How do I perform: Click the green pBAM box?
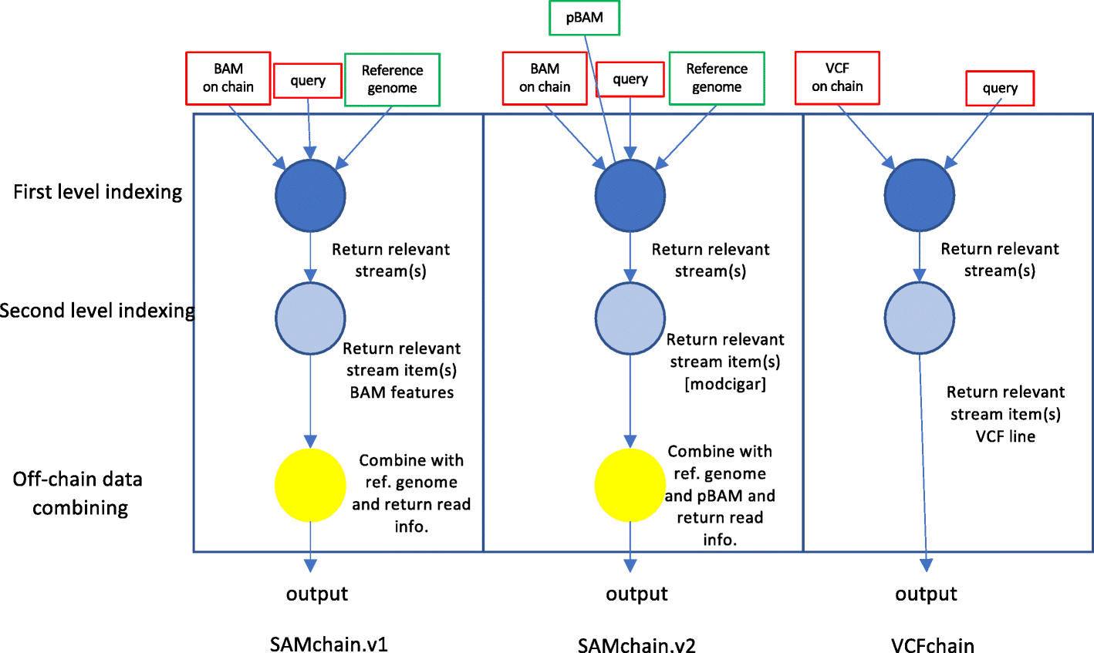tap(584, 18)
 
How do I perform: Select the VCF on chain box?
tap(837, 78)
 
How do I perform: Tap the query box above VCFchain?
tap(1000, 89)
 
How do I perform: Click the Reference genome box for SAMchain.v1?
tap(392, 79)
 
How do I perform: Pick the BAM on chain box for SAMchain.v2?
tap(545, 78)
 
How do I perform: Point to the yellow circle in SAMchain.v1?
tap(310, 485)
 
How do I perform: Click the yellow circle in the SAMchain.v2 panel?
tap(630, 485)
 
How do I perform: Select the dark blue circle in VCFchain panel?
tap(919, 195)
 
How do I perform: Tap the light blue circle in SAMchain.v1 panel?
tap(310, 318)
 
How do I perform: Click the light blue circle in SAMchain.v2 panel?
tap(630, 318)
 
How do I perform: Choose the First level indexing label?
tap(98, 192)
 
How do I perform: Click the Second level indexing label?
tap(97, 311)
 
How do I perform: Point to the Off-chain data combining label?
tap(78, 493)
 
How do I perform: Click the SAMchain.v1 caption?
tap(329, 645)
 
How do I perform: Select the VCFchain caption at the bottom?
tap(932, 645)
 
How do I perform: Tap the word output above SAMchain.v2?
tap(636, 594)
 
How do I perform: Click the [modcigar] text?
tap(725, 384)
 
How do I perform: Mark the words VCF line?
tap(1005, 436)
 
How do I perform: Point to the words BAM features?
tap(401, 392)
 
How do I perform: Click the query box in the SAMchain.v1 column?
tap(308, 80)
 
